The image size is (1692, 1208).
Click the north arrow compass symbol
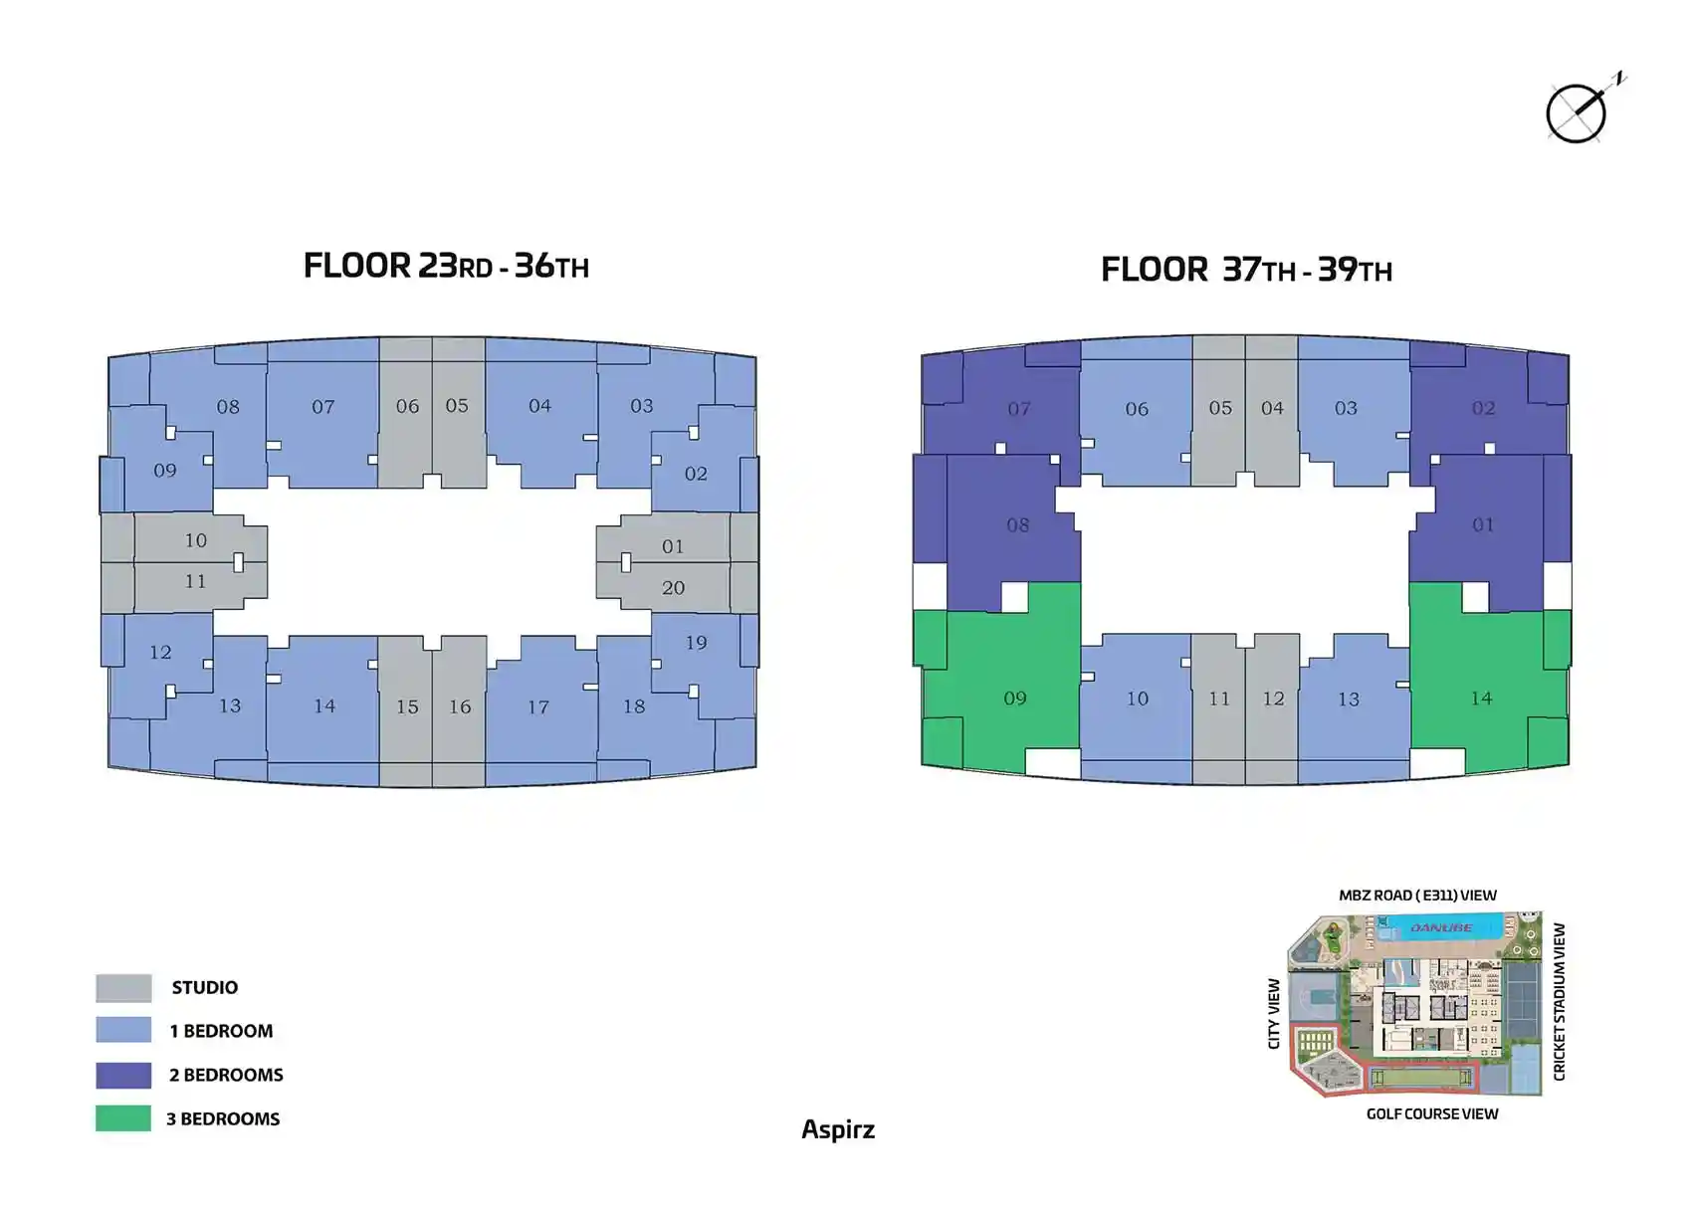click(x=1579, y=112)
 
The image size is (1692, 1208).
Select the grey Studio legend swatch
click(x=123, y=987)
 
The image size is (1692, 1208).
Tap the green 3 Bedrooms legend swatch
click(x=123, y=1117)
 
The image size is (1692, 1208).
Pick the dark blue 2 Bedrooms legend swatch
click(x=123, y=1075)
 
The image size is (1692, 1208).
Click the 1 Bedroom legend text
click(x=221, y=1031)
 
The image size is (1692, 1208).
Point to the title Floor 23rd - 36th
click(x=446, y=266)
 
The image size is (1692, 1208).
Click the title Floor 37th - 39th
click(x=1246, y=270)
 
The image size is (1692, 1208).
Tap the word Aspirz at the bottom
click(x=838, y=1129)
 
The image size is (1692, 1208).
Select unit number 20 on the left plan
click(x=673, y=588)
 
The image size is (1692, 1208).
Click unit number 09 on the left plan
click(x=165, y=471)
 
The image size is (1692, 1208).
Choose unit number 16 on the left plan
click(x=460, y=706)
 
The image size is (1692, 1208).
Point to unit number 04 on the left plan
click(x=539, y=406)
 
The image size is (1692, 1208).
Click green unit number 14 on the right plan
click(x=1481, y=699)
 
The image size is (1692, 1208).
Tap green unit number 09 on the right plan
click(x=1015, y=699)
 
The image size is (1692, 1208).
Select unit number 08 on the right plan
click(x=1017, y=525)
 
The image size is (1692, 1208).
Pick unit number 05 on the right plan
click(x=1220, y=408)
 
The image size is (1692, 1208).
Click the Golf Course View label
click(x=1431, y=1113)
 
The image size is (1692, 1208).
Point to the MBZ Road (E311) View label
click(x=1417, y=896)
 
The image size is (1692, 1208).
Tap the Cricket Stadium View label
click(x=1560, y=1001)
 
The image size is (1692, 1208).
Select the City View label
click(x=1274, y=1013)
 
